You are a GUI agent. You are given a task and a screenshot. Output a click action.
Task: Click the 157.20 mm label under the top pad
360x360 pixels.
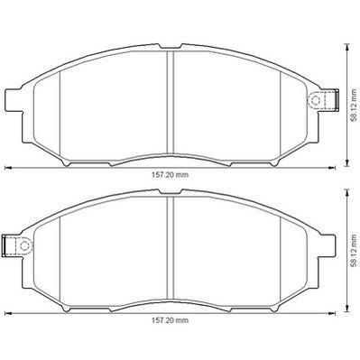[170, 175]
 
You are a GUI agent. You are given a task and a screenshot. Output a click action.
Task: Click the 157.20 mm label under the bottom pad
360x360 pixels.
[170, 320]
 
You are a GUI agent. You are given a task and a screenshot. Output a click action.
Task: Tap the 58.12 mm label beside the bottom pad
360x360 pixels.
[355, 250]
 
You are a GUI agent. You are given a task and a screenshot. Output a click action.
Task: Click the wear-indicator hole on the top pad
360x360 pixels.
[315, 99]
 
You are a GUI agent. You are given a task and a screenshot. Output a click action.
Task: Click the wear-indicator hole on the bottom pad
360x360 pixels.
[24, 245]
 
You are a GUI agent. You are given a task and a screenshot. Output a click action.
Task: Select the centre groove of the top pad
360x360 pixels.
[171, 102]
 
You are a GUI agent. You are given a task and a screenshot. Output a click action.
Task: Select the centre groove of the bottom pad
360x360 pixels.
[171, 247]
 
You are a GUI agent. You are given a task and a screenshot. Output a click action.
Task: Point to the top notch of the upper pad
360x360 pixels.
[171, 47]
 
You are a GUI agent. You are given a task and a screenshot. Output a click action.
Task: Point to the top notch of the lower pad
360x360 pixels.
[171, 192]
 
